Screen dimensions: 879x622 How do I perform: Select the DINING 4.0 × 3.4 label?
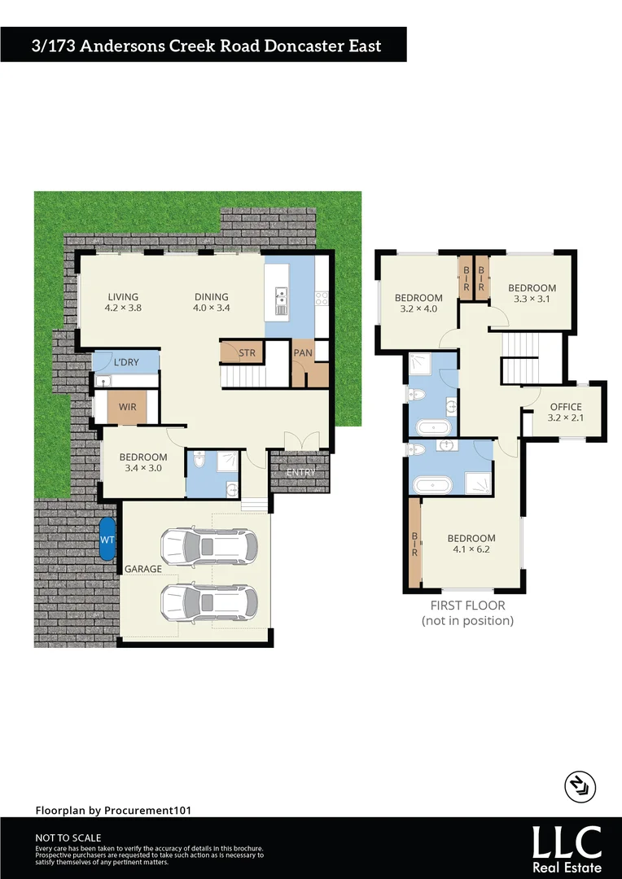[211, 302]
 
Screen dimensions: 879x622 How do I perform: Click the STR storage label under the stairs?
[246, 353]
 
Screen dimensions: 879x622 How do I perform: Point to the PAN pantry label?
[303, 353]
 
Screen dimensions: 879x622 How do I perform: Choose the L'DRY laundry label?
[126, 361]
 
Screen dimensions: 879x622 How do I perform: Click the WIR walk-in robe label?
[127, 405]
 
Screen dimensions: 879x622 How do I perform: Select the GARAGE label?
[142, 569]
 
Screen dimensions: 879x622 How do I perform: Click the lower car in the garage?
[209, 602]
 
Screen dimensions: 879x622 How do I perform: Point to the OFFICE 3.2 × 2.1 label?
[566, 413]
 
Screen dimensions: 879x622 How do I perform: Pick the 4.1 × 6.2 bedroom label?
[471, 544]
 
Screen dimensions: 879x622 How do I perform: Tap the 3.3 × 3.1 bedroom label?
[532, 293]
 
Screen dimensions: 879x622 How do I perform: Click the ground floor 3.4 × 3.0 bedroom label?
[143, 463]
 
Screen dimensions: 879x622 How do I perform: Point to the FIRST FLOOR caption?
[467, 606]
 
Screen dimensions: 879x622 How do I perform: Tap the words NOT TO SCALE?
[68, 837]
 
